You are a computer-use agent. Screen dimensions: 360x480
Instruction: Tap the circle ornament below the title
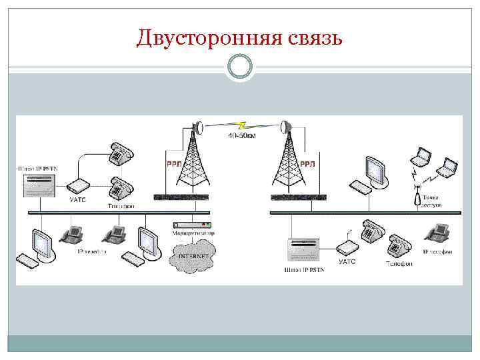(x=239, y=66)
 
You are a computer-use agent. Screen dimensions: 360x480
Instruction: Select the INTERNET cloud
(x=193, y=257)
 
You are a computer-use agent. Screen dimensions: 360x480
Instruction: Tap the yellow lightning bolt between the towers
(x=241, y=125)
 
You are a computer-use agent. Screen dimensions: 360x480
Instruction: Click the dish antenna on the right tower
(x=285, y=127)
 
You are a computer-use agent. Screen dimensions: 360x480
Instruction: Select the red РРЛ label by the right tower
(x=309, y=163)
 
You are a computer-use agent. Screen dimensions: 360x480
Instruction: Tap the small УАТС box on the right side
(x=347, y=247)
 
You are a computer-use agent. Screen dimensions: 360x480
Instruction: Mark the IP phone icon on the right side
(x=439, y=233)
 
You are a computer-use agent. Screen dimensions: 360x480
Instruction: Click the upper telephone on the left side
(x=121, y=153)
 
